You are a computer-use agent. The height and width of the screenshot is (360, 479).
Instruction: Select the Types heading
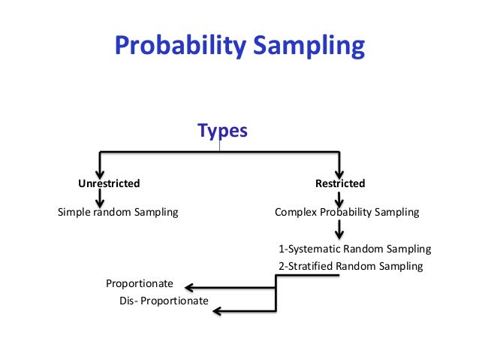[x=222, y=131]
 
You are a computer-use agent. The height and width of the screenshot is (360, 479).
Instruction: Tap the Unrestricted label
[x=110, y=183]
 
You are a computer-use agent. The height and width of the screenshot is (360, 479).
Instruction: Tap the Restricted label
[x=340, y=183]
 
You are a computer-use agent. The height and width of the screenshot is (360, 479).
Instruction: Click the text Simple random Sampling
[x=118, y=212]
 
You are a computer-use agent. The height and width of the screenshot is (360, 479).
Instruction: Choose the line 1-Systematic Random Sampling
[x=354, y=249]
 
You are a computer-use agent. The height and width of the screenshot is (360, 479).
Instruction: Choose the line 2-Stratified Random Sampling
[x=350, y=266]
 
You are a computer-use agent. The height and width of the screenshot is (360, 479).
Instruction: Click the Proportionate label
[x=140, y=283]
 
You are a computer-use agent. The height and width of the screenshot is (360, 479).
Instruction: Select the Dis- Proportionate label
[x=163, y=301]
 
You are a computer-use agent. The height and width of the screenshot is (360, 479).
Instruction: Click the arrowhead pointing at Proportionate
[x=190, y=286]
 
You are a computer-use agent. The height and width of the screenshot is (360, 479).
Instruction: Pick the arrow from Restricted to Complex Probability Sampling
[x=340, y=198]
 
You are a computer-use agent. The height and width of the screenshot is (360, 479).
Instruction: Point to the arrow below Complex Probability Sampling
[x=340, y=229]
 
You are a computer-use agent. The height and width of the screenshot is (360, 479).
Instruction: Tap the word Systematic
[x=315, y=249]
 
